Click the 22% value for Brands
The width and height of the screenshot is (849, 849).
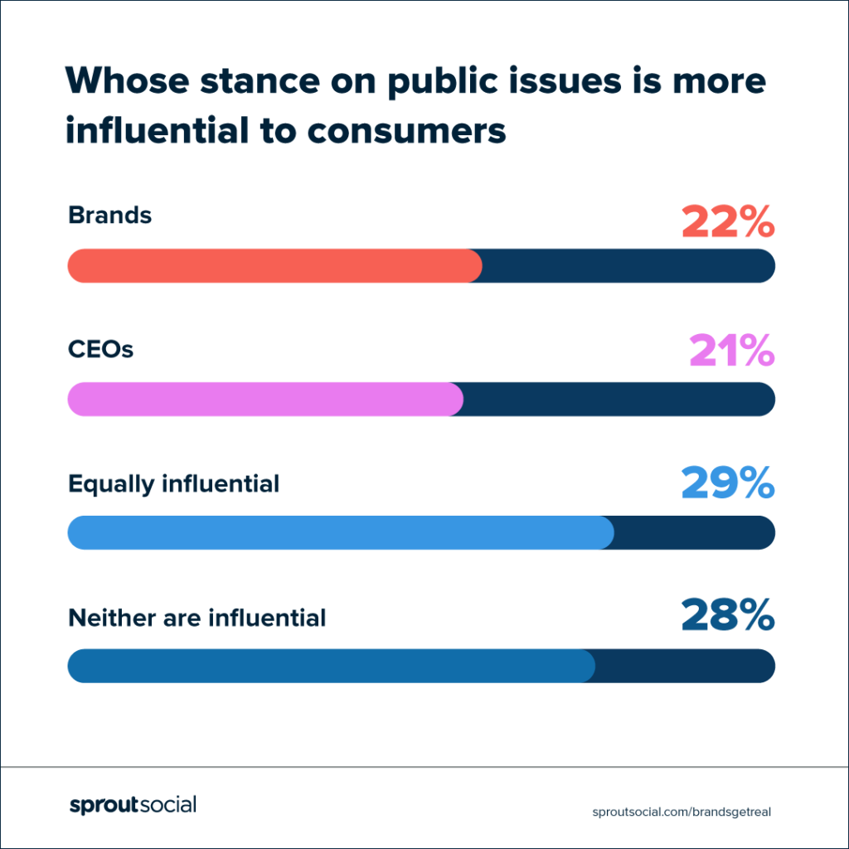pyautogui.click(x=728, y=221)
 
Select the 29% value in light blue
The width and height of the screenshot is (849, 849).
pyautogui.click(x=727, y=483)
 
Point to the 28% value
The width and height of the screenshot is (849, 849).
pyautogui.click(x=727, y=617)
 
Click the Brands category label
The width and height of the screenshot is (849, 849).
pyautogui.click(x=110, y=216)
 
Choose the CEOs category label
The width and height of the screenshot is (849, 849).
pyautogui.click(x=100, y=349)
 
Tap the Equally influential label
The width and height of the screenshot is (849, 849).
pyautogui.click(x=173, y=483)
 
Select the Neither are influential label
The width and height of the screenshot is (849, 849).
pyautogui.click(x=196, y=618)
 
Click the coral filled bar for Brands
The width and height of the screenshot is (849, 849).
pyautogui.click(x=274, y=265)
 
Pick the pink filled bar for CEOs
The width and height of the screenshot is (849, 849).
pyautogui.click(x=264, y=399)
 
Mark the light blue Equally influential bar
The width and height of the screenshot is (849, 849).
pyautogui.click(x=340, y=532)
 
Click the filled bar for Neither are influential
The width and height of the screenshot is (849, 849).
pyautogui.click(x=331, y=666)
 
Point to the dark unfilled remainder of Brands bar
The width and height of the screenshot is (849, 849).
pyautogui.click(x=628, y=265)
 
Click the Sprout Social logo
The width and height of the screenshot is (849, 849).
pyautogui.click(x=133, y=805)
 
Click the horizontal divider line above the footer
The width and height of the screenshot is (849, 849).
pyautogui.click(x=424, y=767)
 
